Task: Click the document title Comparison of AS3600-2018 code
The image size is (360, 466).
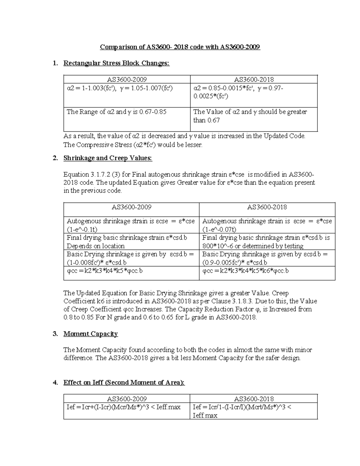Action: (x=180, y=47)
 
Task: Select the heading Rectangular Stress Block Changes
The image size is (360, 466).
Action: (x=116, y=63)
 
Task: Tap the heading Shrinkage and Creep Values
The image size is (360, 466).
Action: (x=108, y=158)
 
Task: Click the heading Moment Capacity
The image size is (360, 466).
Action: (x=91, y=334)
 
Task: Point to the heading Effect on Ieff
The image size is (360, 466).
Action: (x=124, y=383)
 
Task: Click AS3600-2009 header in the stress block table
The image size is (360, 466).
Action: (x=127, y=80)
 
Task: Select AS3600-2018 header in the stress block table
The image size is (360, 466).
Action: (x=254, y=80)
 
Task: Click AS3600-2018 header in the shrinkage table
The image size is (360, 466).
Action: (x=267, y=207)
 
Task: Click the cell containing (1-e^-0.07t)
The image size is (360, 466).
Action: (x=267, y=225)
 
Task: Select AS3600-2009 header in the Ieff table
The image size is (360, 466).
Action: (x=127, y=399)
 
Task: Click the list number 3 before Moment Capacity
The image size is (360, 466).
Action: (x=55, y=334)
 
